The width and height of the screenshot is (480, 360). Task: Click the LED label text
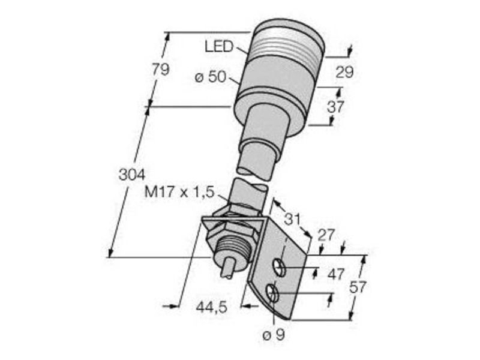(x=218, y=47)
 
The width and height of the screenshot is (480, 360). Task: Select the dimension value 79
(x=160, y=70)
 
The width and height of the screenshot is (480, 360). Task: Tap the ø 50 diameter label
(x=211, y=77)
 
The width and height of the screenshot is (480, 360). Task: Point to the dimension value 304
(x=131, y=175)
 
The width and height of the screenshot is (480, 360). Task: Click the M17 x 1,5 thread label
(x=179, y=193)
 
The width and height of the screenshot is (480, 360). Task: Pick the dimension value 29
(x=344, y=72)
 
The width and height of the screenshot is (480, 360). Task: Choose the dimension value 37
(x=335, y=107)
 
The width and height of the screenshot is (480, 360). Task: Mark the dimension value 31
(x=293, y=219)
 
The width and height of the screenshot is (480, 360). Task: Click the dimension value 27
(x=326, y=236)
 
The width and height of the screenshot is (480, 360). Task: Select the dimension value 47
(x=336, y=274)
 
